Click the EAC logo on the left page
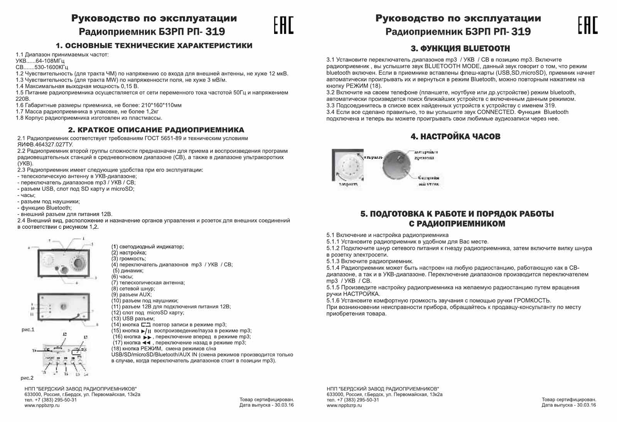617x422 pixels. click(x=283, y=25)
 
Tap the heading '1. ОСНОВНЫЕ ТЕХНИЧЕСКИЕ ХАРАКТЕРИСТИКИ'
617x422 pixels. click(x=154, y=46)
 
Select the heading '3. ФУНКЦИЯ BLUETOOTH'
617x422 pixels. click(x=460, y=49)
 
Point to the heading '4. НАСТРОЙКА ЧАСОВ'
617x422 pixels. click(x=455, y=136)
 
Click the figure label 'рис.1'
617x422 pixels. click(x=28, y=330)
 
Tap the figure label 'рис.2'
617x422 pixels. click(x=27, y=378)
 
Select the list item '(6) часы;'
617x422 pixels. click(x=122, y=276)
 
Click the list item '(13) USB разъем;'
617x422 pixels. click(x=133, y=318)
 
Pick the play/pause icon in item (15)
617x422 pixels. click(x=146, y=331)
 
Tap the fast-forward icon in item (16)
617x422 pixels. click(x=148, y=337)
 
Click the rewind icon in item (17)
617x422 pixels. click(x=146, y=343)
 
